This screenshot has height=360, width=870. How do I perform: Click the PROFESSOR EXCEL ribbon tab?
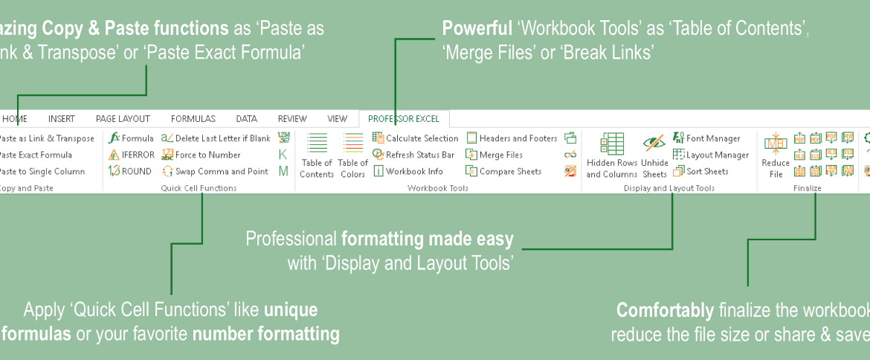pyautogui.click(x=404, y=118)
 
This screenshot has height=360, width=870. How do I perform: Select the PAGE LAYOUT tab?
pyautogui.click(x=123, y=118)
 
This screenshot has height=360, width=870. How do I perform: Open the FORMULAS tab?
pyautogui.click(x=193, y=118)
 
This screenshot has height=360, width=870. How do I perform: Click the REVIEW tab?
pyautogui.click(x=292, y=118)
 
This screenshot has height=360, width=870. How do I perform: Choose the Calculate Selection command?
pyautogui.click(x=416, y=138)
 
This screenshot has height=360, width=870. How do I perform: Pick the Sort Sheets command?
pyautogui.click(x=700, y=171)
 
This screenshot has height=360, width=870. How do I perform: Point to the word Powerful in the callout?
pyautogui.click(x=477, y=29)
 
